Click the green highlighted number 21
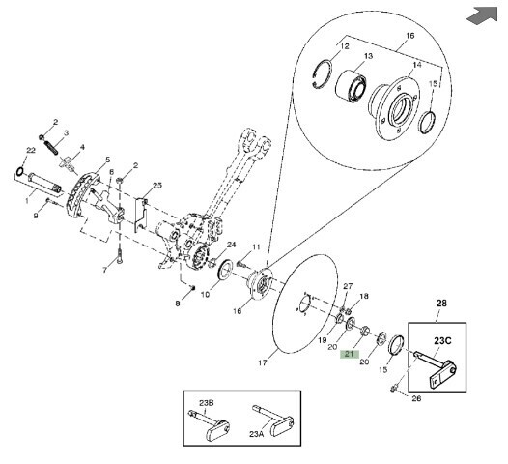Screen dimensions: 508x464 350,354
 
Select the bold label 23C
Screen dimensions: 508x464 442,341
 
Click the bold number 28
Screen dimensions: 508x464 441,304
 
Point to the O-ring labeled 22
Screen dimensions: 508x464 19,171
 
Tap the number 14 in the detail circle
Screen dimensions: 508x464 417,65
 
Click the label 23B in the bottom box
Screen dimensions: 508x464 206,403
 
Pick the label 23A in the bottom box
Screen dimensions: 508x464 257,434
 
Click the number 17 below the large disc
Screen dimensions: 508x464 263,362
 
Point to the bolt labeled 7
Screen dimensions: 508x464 120,256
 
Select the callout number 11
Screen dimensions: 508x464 256,247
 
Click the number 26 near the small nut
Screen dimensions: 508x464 416,398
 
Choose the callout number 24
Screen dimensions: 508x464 231,245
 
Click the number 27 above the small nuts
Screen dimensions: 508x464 348,286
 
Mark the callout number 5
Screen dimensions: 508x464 108,159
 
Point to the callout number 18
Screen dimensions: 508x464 364,296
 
